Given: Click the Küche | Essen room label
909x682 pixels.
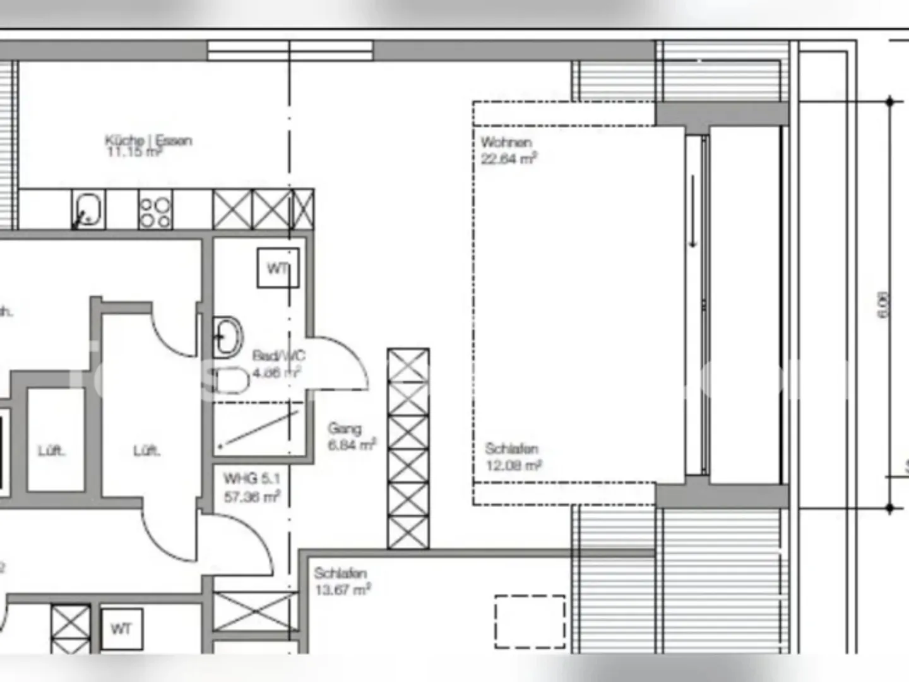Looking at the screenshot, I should pos(148,140).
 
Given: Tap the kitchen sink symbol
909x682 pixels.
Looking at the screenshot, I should pos(88,210).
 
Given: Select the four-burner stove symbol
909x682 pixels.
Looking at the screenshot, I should pos(155,211).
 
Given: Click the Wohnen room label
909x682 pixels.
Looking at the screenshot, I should pos(506,142).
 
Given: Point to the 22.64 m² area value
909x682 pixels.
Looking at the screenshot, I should pos(508,159).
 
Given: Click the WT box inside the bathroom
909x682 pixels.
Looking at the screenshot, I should pos(278,268).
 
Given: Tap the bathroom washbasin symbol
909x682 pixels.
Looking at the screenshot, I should pos(228,336).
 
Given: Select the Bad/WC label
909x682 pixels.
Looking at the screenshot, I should pos(278,356).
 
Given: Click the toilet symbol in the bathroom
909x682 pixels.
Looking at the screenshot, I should pos(230,381).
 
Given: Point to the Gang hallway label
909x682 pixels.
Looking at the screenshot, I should pos(345,428).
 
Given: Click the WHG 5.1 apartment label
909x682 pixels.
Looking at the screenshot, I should pos(251,479).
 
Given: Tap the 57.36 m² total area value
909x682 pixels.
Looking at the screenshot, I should pos(251,497).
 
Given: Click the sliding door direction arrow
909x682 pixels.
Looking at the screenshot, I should pos(693,212).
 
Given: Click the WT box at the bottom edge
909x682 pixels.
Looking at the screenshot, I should pos(121,629).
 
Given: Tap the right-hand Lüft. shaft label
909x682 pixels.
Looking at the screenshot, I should pos(146,451).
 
